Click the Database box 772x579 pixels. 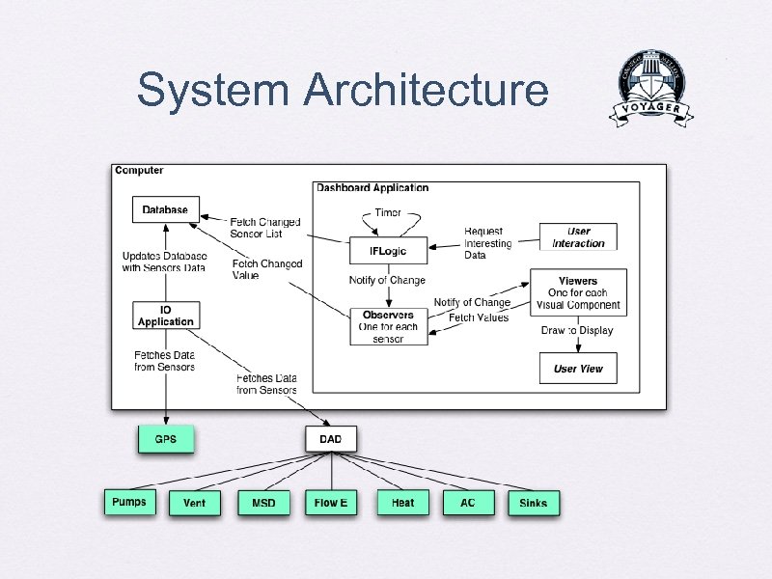(x=165, y=209)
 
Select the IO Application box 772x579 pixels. (x=165, y=316)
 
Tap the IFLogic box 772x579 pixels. (x=388, y=251)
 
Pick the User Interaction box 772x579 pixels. (x=578, y=237)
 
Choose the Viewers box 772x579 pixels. (x=578, y=292)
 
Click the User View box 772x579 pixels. (x=578, y=369)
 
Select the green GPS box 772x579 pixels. (x=165, y=439)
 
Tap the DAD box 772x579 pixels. (x=330, y=439)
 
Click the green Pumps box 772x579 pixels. (x=128, y=502)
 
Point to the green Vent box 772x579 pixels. (x=194, y=503)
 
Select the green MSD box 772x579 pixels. (x=263, y=503)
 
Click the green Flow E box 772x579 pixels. (x=331, y=503)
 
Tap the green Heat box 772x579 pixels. (x=402, y=503)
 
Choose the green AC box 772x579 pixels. (x=468, y=503)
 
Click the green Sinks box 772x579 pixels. (x=533, y=503)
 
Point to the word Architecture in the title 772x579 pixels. (x=425, y=91)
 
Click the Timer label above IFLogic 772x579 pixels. (x=388, y=212)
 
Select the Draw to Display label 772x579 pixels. (x=577, y=330)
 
